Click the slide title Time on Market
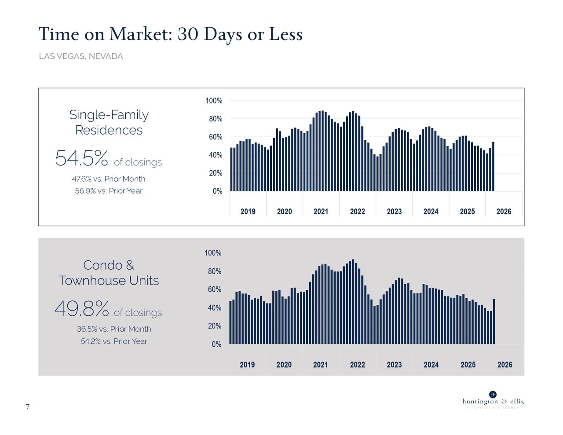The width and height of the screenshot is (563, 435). pos(170,34)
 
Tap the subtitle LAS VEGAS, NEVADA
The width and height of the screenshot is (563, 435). pos(80,56)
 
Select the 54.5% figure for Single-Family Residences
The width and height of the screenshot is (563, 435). pos(81,158)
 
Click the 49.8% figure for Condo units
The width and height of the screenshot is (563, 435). pos(82,309)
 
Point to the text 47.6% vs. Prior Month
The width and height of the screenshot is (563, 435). pos(109,179)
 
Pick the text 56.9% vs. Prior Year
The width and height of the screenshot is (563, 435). pos(109,191)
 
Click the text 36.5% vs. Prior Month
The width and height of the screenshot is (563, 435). pos(114,329)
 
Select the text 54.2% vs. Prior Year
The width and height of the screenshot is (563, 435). pos(114,341)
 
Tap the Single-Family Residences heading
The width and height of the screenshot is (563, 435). pos(109,122)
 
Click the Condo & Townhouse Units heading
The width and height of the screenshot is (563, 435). pos(109,273)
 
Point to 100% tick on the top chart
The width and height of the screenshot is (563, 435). pos(214,101)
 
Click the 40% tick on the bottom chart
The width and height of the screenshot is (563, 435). pos(215,308)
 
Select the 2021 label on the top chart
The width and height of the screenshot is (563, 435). pos(321,212)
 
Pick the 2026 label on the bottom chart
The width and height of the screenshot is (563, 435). pos(505,365)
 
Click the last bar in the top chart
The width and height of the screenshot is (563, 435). pos(493,167)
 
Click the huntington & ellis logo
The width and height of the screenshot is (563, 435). pos(493,401)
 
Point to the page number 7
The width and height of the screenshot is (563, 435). pos(28,407)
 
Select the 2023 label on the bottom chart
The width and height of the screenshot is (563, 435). pos(394,365)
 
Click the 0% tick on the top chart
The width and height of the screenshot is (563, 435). pos(217,191)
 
